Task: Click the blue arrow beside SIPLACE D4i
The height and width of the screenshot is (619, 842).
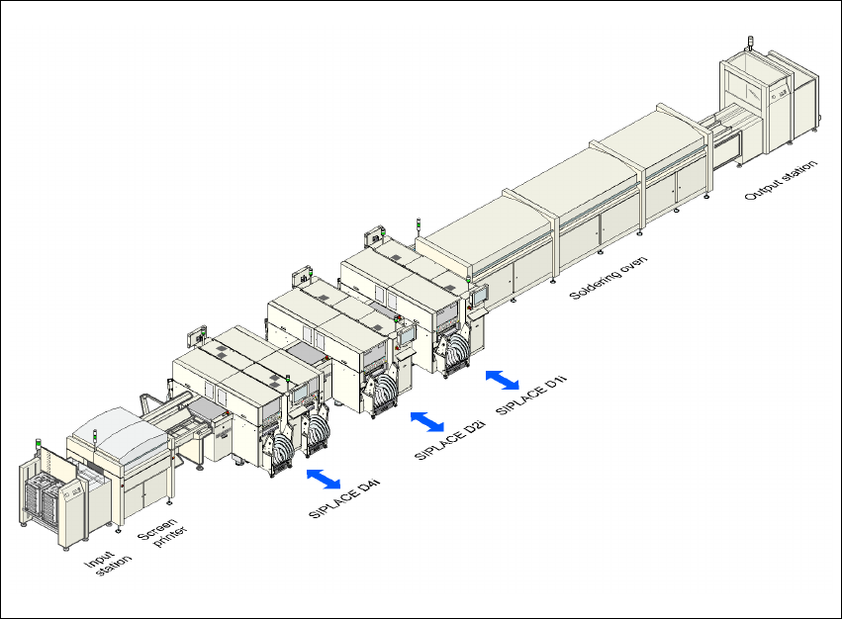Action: [324, 480]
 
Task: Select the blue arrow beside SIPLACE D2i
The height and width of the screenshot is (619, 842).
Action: [427, 421]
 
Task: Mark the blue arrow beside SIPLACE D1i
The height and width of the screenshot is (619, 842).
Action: [503, 379]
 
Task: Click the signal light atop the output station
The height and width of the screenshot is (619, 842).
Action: [748, 44]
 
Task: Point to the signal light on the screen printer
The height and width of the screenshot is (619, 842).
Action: [95, 433]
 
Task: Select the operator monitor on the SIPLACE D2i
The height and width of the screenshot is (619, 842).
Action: [405, 336]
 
